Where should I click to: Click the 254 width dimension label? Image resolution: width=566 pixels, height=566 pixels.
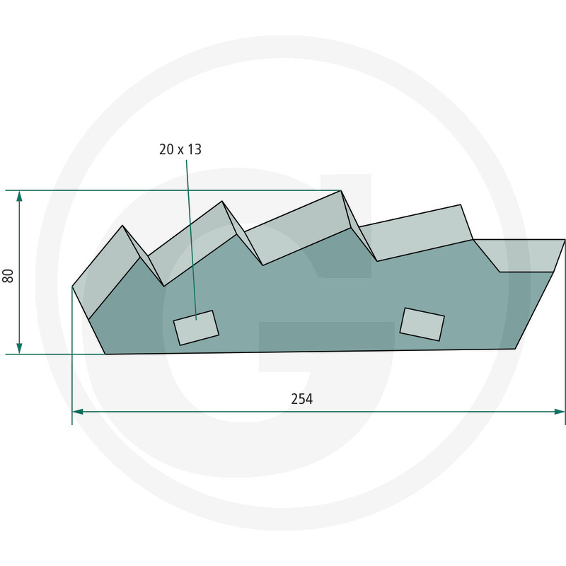[x=302, y=399]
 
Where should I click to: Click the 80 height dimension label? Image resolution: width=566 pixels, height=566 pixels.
[x=8, y=276]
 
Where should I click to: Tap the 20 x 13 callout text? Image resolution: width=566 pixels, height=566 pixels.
[x=180, y=149]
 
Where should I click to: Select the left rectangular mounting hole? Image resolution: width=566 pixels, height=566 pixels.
[x=196, y=328]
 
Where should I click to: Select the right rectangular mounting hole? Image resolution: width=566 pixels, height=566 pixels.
[x=422, y=324]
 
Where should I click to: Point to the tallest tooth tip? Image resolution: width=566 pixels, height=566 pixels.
[x=341, y=190]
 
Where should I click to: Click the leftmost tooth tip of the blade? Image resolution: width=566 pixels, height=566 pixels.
[x=122, y=225]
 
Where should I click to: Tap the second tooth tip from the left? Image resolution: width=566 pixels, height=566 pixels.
[x=221, y=201]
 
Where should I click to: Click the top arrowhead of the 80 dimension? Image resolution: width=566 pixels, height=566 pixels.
[x=20, y=195]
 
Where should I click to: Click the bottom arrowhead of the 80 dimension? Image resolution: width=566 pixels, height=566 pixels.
[x=20, y=349]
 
